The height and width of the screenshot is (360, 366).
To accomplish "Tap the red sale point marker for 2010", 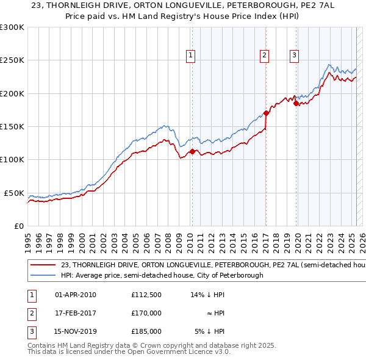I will click(x=192, y=151).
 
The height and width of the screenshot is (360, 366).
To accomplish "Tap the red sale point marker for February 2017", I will click(x=266, y=113).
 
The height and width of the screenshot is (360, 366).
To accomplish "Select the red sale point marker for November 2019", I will click(x=296, y=103).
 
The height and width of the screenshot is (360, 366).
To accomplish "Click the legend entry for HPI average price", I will click(x=162, y=275).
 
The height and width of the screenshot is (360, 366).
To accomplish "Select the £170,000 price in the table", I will click(x=146, y=313).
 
